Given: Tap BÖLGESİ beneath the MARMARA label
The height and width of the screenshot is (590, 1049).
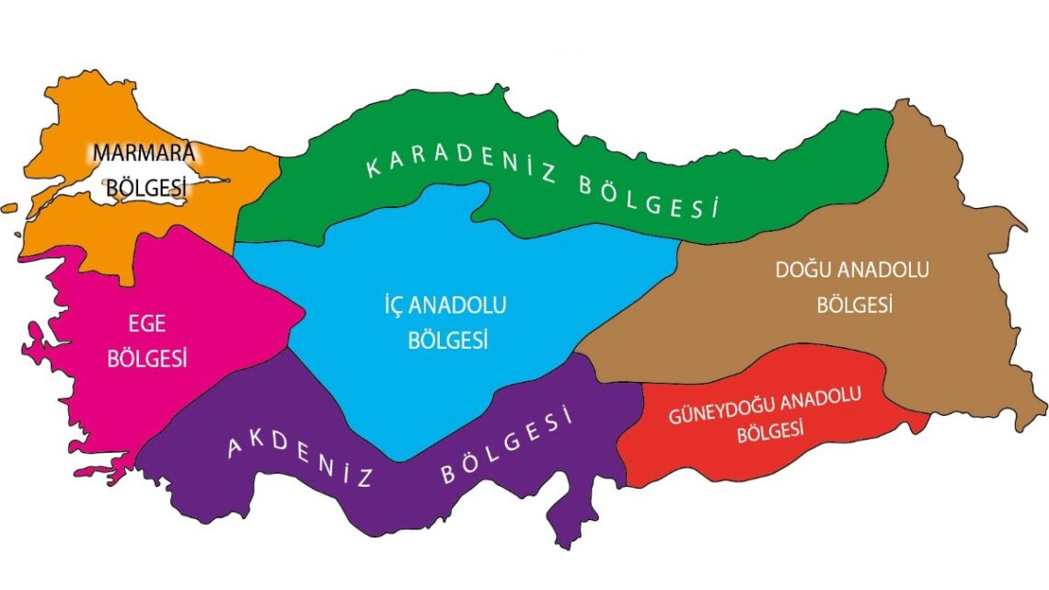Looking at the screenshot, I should tap(146, 187).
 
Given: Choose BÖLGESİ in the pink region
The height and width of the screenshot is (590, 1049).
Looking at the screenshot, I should tap(147, 358).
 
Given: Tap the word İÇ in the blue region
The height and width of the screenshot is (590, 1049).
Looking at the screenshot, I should tap(396, 305).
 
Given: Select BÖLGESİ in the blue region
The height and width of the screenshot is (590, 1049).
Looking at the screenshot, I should tap(447, 340).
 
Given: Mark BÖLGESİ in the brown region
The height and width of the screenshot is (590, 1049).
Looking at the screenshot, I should tap(855, 305).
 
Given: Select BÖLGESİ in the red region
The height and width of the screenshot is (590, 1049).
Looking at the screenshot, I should tap(770, 432).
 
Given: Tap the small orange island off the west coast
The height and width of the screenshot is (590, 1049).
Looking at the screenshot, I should tap(9, 209).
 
